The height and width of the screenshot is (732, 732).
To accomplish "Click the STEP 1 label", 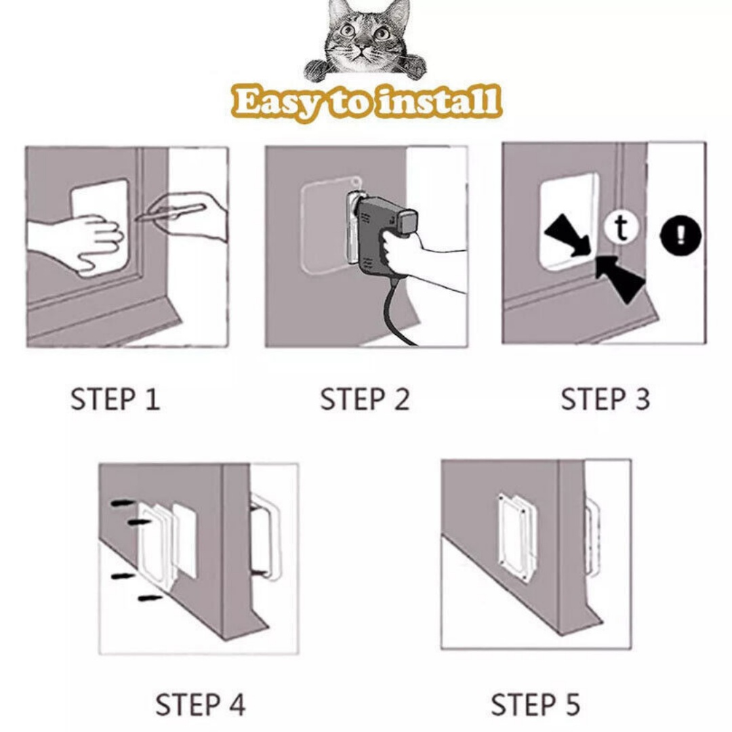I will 115,399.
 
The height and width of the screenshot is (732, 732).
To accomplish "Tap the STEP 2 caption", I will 365,399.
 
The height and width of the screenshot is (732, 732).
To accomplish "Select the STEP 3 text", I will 605,399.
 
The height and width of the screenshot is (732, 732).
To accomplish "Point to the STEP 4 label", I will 201,704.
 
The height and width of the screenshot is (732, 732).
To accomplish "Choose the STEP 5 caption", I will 535,704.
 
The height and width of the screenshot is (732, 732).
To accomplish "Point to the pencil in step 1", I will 169,213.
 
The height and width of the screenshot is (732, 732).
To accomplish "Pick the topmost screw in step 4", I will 123,504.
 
